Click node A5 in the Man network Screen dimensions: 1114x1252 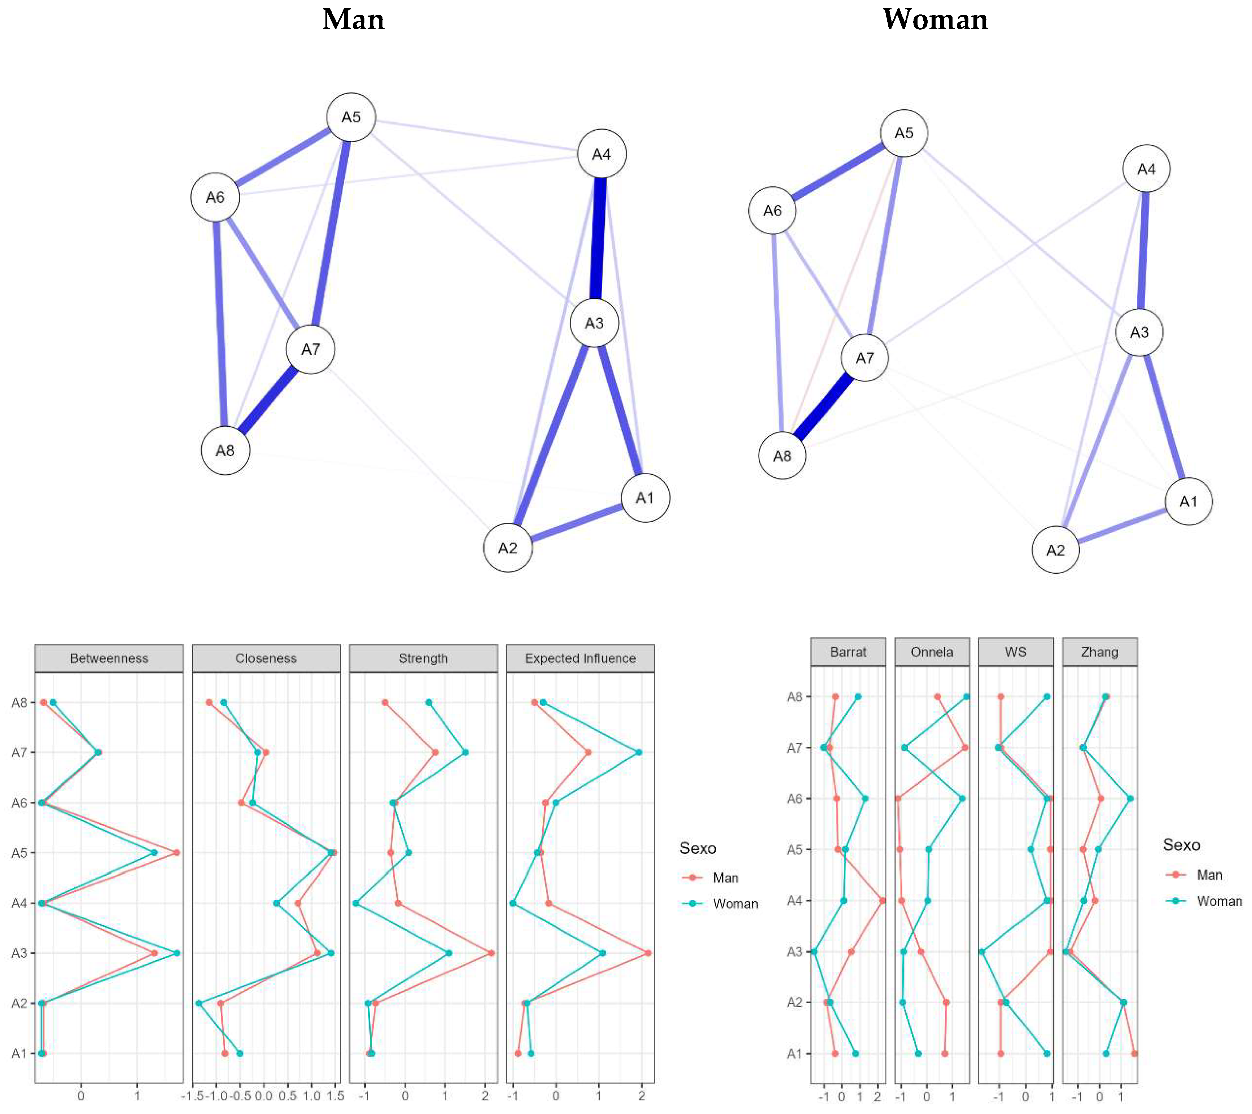pyautogui.click(x=351, y=117)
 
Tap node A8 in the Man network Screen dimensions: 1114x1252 pyautogui.click(x=226, y=451)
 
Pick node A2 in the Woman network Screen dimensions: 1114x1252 pyautogui.click(x=1055, y=550)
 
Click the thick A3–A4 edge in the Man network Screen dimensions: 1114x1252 pyautogui.click(x=599, y=239)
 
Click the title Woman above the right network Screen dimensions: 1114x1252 pyautogui.click(x=935, y=19)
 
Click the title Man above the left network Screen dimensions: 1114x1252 pyautogui.click(x=354, y=19)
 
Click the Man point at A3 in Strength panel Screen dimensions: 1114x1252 pyautogui.click(x=491, y=953)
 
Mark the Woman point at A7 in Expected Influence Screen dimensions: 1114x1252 pyautogui.click(x=638, y=752)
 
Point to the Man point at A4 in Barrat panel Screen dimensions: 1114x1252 pyautogui.click(x=882, y=901)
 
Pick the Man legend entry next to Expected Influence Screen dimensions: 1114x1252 pyautogui.click(x=725, y=878)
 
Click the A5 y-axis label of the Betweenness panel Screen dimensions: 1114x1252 pyautogui.click(x=19, y=852)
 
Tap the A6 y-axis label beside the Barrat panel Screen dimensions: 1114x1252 pyautogui.click(x=794, y=798)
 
